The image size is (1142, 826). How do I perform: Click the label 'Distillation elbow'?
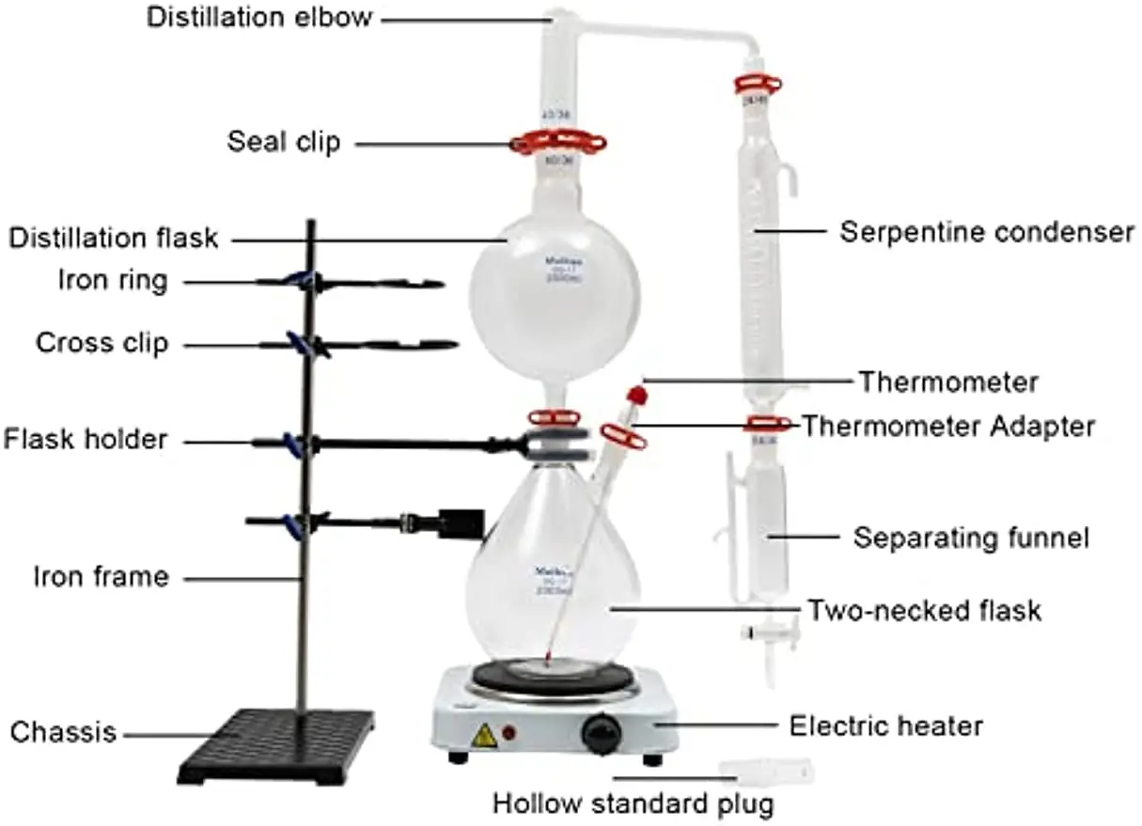(x=259, y=18)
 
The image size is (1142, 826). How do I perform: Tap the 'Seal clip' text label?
(x=284, y=142)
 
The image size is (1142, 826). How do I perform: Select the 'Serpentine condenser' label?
(x=987, y=231)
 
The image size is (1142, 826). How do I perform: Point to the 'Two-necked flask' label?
(x=925, y=610)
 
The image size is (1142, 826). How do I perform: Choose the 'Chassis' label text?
(x=64, y=731)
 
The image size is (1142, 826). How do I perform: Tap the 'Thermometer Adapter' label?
(x=947, y=426)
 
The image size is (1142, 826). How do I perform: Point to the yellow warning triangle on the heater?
(x=483, y=736)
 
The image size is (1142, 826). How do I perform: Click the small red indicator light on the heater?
(x=509, y=732)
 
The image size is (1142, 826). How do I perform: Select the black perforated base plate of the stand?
(x=276, y=746)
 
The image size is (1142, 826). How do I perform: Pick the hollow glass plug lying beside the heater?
(x=766, y=771)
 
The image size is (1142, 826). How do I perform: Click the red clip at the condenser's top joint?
(x=758, y=85)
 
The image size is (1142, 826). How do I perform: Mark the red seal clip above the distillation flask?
(x=558, y=143)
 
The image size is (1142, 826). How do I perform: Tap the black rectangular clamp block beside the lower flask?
(x=462, y=523)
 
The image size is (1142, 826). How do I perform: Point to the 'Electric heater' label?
(x=885, y=725)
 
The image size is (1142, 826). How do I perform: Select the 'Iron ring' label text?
(x=112, y=281)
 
